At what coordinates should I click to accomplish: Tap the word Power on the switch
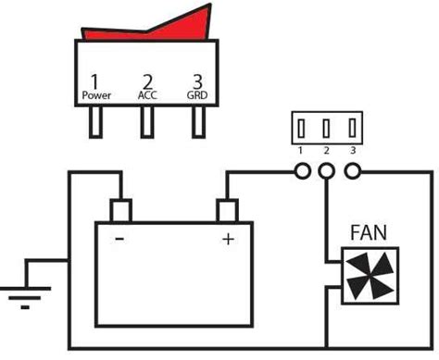tap(96, 95)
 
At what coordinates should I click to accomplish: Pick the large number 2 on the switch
tap(147, 81)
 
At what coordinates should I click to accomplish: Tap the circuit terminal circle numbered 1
tap(303, 171)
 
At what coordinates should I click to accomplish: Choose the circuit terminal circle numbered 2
tap(326, 171)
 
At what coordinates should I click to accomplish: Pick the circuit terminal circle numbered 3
tap(351, 171)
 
